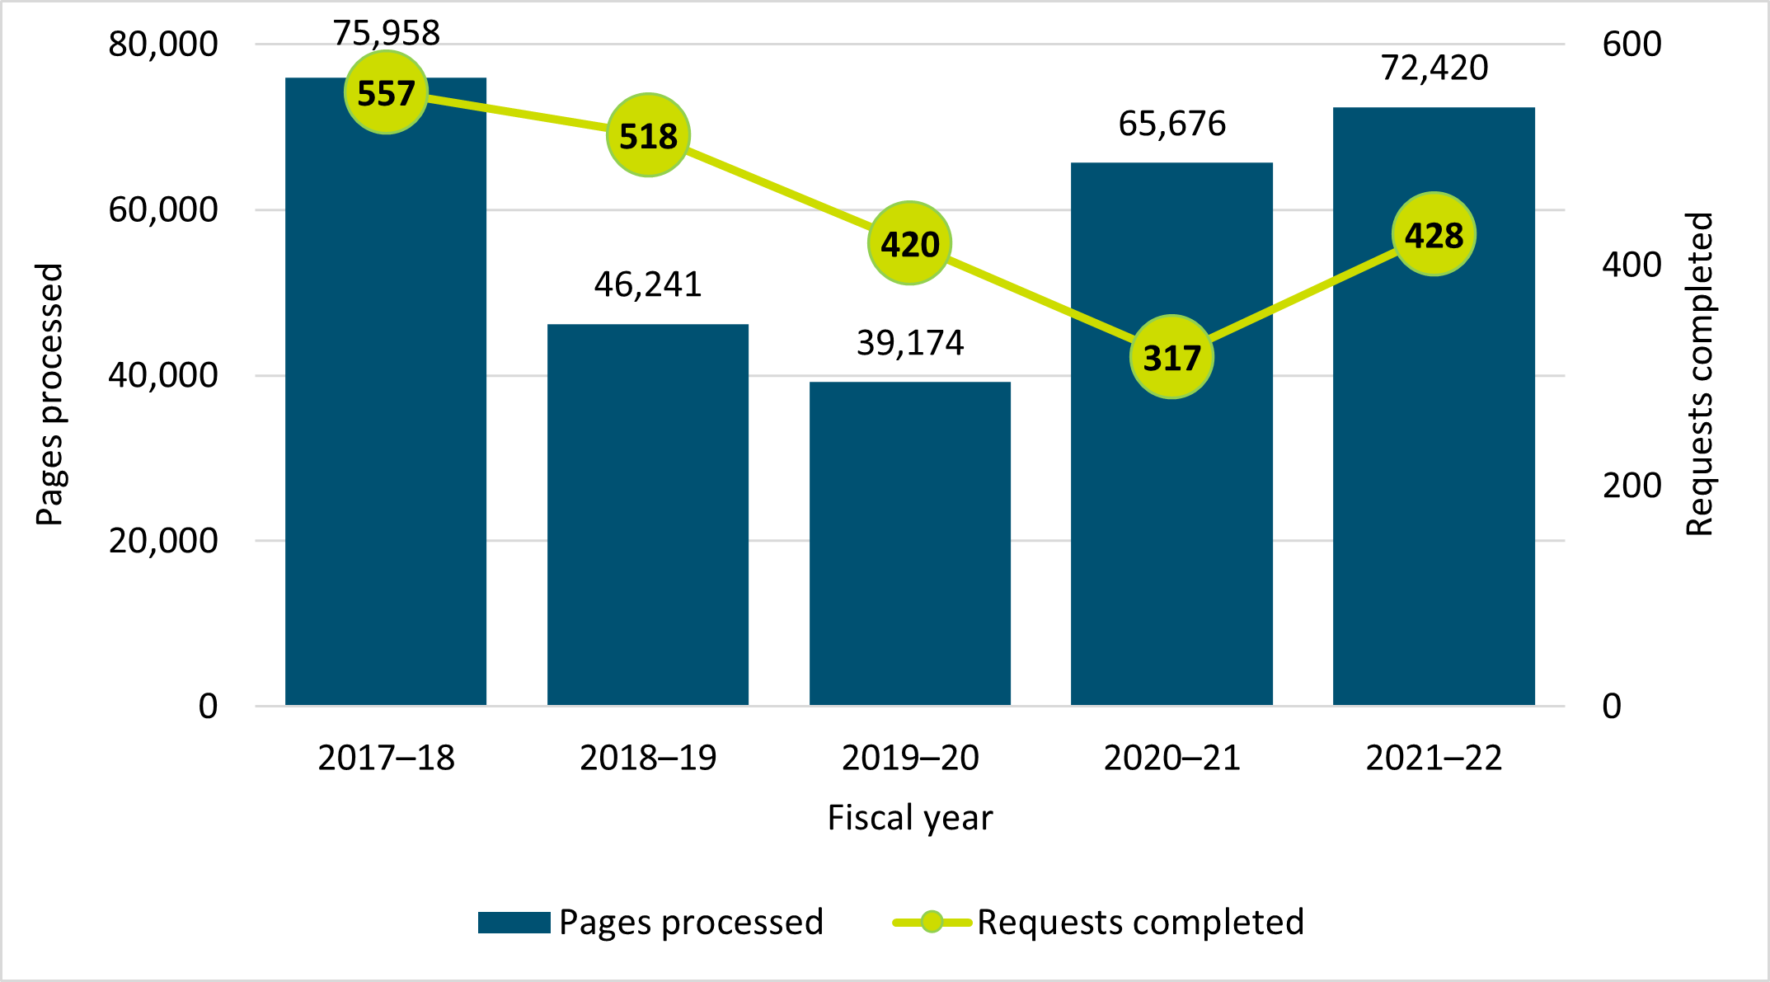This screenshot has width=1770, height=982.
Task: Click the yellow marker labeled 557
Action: point(386,92)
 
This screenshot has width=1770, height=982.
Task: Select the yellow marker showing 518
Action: point(648,135)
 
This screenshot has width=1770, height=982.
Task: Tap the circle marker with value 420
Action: point(909,243)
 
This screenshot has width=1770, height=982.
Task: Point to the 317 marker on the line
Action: point(1171,357)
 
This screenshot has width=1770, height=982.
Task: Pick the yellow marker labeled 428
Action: point(1434,234)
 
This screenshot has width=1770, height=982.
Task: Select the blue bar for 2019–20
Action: point(909,543)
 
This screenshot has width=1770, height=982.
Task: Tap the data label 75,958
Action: point(386,33)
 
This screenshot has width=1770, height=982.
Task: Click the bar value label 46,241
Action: point(648,284)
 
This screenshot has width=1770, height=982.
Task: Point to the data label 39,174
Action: point(909,343)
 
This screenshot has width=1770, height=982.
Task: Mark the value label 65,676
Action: point(1171,124)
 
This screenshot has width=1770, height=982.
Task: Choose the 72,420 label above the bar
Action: point(1434,68)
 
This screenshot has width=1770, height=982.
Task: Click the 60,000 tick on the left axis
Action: point(163,209)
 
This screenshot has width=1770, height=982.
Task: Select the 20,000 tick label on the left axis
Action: point(163,541)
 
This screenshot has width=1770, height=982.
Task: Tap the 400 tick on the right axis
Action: point(1631,265)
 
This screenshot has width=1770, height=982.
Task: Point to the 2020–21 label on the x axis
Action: point(1171,758)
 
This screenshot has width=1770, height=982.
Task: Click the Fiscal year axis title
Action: point(909,818)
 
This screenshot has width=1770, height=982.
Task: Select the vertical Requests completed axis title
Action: point(1699,374)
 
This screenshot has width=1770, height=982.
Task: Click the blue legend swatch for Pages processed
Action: point(514,922)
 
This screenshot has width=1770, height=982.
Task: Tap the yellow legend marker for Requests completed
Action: point(932,922)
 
